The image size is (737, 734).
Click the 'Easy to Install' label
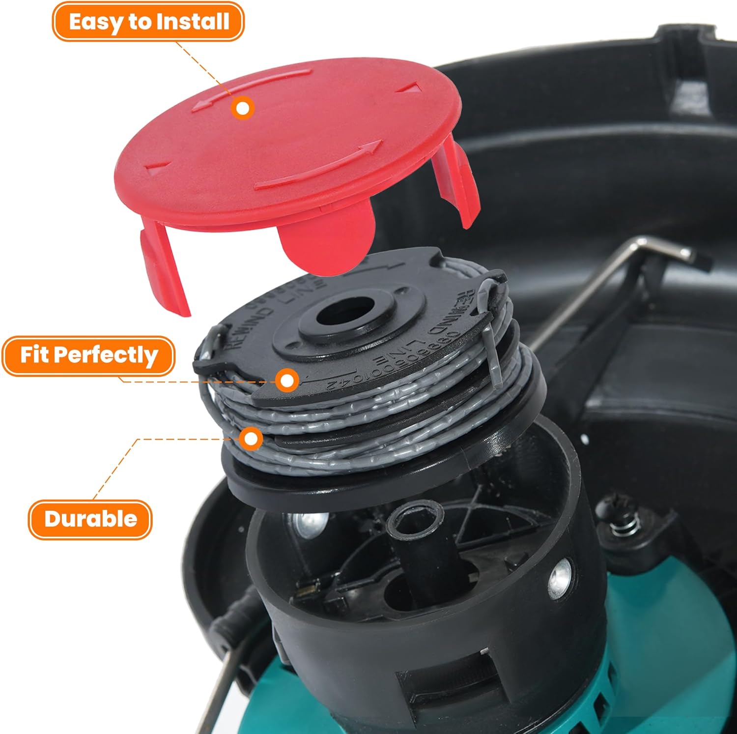148,22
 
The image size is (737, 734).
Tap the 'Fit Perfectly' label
88,355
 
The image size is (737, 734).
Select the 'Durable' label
90,519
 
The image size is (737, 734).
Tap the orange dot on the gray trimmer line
251,439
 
